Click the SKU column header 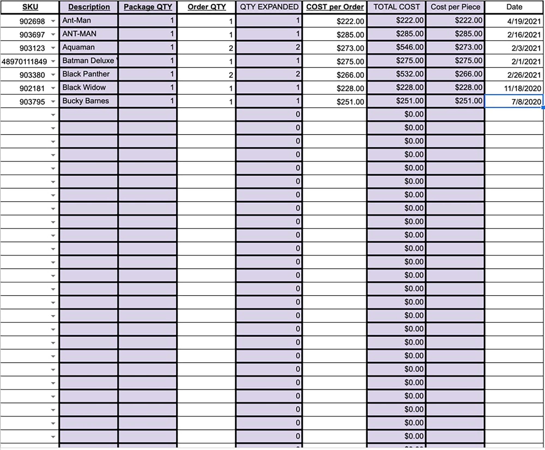click(x=30, y=7)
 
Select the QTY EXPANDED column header click(x=269, y=7)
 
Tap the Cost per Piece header click(x=455, y=7)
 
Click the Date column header click(x=514, y=7)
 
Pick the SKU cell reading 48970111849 click(x=25, y=61)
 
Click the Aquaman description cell click(x=89, y=47)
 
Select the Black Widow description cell click(x=89, y=87)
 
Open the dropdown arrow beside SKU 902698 click(x=53, y=21)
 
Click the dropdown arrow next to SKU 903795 click(x=53, y=102)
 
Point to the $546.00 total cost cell click(x=396, y=47)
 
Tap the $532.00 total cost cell click(x=396, y=74)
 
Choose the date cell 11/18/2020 click(x=514, y=88)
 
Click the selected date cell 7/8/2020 click(x=514, y=102)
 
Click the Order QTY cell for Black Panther click(x=207, y=75)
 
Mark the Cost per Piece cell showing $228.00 click(x=455, y=87)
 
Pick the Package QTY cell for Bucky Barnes click(x=147, y=101)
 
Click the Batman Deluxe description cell click(x=89, y=61)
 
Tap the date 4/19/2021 click(x=514, y=21)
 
